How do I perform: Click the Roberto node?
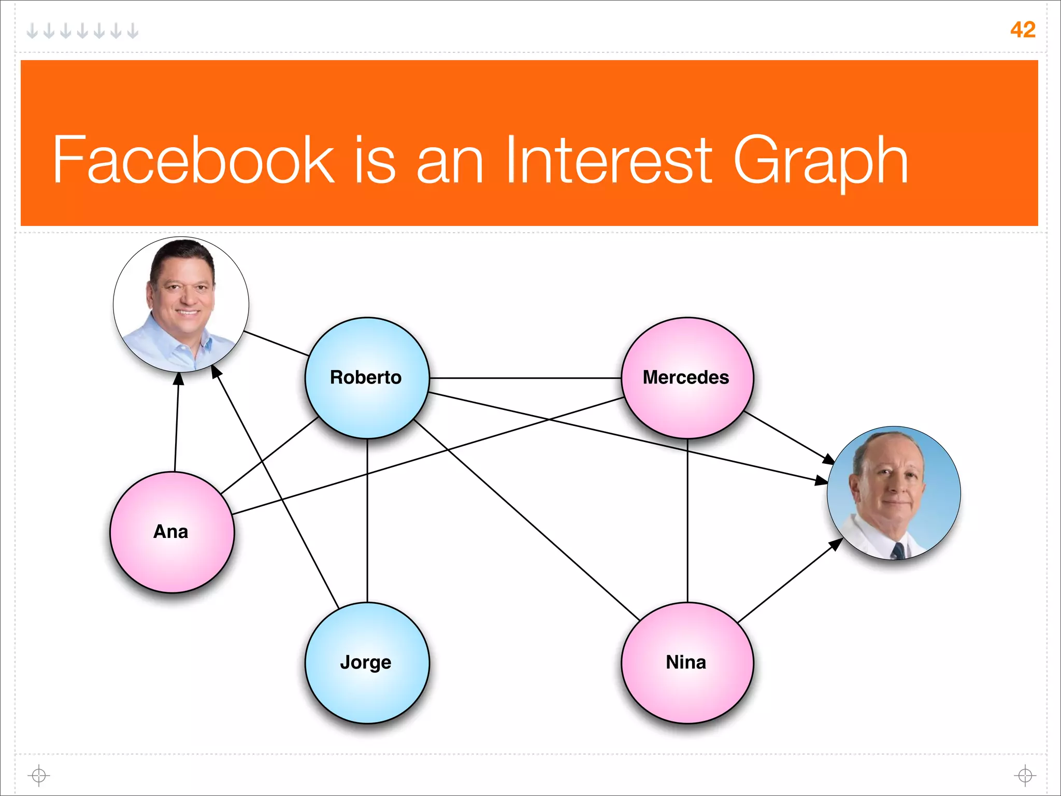point(367,378)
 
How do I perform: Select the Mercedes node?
point(687,378)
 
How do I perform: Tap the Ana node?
point(172,532)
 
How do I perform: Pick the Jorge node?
point(367,663)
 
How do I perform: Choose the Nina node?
point(687,663)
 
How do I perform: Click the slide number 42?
point(1023,30)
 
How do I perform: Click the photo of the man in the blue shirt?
point(181,305)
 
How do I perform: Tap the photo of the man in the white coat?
point(894,493)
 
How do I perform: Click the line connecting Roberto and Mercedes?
point(525,378)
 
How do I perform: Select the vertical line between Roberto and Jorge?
point(367,520)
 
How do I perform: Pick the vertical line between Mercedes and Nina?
point(687,520)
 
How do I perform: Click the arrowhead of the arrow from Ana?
point(178,379)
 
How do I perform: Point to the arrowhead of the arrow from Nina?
point(836,544)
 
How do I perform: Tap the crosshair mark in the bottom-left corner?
point(39,776)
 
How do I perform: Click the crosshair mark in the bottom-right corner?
point(1025,776)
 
